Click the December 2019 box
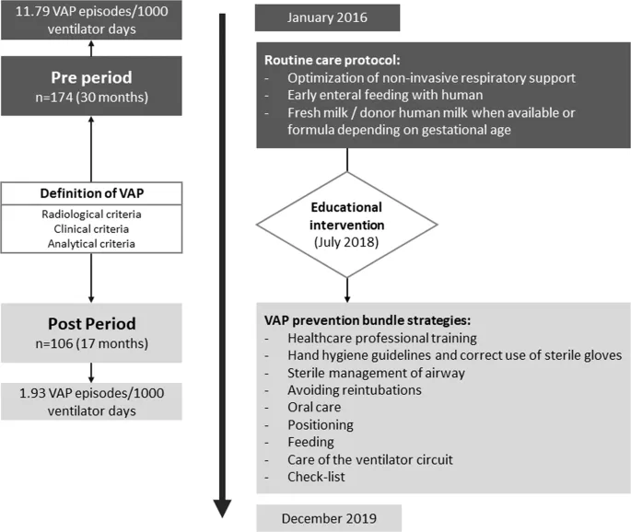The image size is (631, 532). click(x=328, y=518)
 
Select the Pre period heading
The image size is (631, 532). click(x=90, y=77)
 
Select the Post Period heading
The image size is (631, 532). click(x=90, y=325)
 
